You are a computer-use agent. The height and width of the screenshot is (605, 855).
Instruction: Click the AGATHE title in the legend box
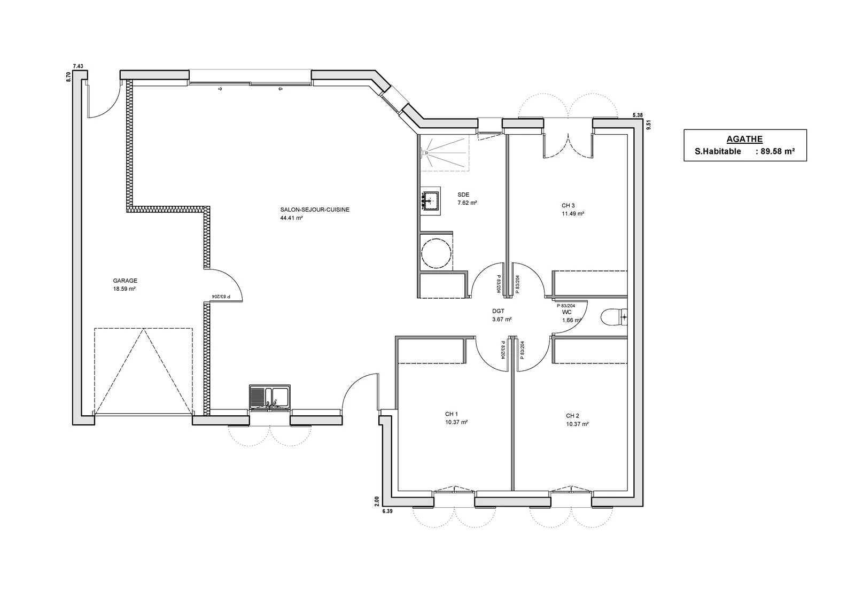point(744,139)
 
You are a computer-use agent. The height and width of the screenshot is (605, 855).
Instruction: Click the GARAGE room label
point(125,281)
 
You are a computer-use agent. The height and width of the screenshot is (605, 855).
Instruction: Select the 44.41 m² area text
point(291,218)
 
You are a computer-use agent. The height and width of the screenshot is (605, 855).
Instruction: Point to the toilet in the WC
point(614,317)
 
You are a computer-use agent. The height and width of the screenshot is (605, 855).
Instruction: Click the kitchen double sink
point(269,397)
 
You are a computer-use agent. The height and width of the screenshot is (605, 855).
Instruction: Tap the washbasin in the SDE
point(431,201)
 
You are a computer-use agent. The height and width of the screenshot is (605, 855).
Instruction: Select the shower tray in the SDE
point(444,152)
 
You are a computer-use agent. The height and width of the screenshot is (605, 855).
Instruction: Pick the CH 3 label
point(568,205)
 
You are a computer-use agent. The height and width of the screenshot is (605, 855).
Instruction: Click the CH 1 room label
point(452,414)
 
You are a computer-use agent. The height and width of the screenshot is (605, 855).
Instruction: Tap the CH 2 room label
point(572,416)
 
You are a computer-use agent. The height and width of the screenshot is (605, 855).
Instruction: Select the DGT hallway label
point(498,311)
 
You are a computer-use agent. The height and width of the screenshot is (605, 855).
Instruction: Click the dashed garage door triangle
point(143,371)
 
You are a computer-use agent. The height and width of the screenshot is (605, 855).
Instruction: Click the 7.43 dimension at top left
point(78,66)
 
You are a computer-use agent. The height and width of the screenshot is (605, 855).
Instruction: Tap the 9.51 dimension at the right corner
point(649,126)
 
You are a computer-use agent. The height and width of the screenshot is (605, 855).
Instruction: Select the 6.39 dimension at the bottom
point(387,511)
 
